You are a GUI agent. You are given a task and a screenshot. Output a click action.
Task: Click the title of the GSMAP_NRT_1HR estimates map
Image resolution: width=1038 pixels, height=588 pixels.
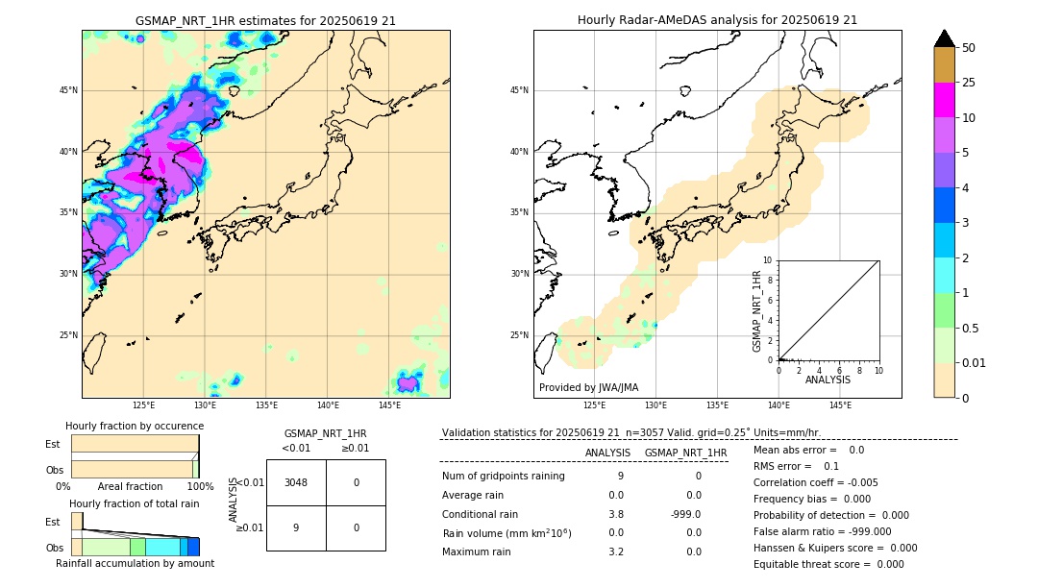click(x=265, y=20)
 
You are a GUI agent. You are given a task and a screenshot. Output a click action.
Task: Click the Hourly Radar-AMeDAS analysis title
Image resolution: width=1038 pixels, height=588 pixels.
click(x=717, y=20)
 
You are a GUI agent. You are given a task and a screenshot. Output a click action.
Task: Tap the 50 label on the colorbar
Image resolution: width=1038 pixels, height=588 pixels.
click(x=969, y=48)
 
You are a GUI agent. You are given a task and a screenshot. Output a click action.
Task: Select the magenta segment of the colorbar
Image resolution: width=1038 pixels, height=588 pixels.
click(x=944, y=100)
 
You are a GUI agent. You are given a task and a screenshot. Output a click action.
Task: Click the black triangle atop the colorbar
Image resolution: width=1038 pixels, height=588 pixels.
click(x=944, y=38)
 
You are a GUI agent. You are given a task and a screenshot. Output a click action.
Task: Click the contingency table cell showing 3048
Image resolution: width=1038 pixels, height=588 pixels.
click(x=296, y=482)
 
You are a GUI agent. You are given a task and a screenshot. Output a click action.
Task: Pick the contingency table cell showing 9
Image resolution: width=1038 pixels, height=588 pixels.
click(x=296, y=527)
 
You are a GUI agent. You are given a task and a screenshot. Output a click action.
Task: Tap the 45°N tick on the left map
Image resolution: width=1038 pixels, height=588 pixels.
click(x=68, y=90)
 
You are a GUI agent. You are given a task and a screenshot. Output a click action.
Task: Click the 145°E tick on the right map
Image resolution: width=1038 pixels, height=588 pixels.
click(x=840, y=405)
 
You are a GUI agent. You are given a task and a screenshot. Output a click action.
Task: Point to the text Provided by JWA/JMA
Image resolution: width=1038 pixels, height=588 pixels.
click(x=588, y=388)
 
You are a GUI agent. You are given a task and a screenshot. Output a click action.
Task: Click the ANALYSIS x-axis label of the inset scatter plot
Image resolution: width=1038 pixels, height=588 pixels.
click(x=828, y=380)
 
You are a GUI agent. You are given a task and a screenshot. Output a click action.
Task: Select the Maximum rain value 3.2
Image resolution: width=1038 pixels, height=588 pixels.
click(x=615, y=552)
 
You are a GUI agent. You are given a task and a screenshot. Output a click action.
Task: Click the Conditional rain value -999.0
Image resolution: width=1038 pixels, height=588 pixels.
click(x=685, y=514)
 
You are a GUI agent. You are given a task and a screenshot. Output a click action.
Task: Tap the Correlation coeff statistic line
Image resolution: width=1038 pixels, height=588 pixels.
click(x=815, y=483)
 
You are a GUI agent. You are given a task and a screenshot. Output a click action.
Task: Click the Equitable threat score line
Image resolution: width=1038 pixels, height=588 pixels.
click(x=828, y=564)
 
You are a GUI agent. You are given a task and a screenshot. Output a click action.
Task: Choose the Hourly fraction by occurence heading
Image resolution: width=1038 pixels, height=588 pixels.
click(x=135, y=427)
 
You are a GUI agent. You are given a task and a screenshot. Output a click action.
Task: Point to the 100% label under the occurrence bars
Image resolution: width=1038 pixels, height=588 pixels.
click(x=200, y=487)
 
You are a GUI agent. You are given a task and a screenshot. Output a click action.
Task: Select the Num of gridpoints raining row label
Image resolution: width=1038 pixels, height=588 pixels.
click(x=504, y=477)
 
